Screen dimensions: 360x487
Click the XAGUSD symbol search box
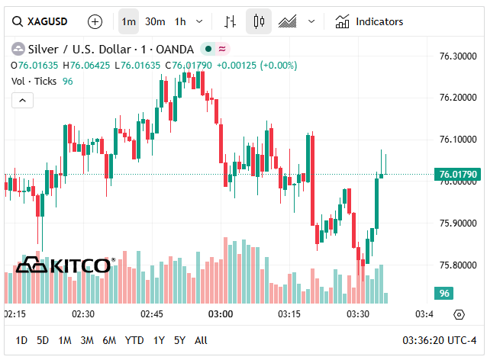[42, 21]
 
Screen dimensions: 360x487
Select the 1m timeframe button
[128, 21]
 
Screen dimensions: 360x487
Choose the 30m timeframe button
[155, 21]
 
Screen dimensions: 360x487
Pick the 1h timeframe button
[180, 21]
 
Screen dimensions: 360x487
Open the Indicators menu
[369, 21]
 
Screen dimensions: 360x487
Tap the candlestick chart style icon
[259, 21]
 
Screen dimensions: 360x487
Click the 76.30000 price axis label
[458, 56]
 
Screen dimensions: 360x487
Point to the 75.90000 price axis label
[458, 223]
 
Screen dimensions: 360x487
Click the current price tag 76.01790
[458, 175]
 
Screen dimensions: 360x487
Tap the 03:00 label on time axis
[221, 314]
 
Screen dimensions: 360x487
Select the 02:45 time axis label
[152, 314]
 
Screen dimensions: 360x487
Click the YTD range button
[134, 340]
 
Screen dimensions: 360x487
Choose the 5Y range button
[179, 340]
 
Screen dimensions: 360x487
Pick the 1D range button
[21, 340]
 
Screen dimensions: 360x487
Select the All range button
[201, 340]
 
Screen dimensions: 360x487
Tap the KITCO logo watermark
[64, 265]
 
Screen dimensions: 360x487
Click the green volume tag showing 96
[443, 294]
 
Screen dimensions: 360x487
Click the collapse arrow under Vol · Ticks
[22, 100]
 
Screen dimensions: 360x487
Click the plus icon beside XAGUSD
[95, 21]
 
